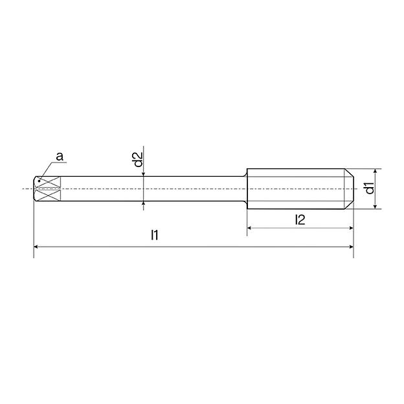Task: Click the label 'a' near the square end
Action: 60,157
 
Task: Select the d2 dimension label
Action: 139,159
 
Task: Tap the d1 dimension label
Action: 370,188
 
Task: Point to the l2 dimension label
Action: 300,219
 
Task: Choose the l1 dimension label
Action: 155,235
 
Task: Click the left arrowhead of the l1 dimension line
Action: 36,247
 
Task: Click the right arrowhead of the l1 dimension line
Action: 352,247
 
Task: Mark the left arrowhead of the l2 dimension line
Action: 249,228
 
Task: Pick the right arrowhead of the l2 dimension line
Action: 351,228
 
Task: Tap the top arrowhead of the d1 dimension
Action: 376,171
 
